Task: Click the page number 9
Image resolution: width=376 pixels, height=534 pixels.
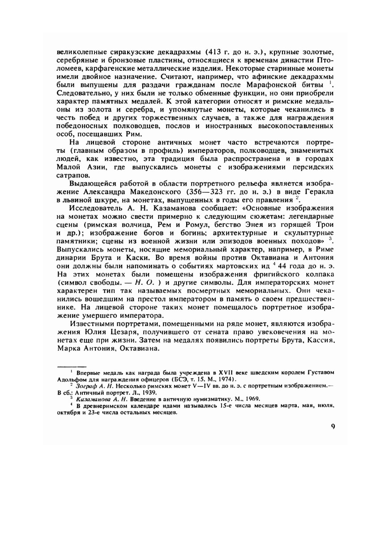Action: [x=333, y=426]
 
